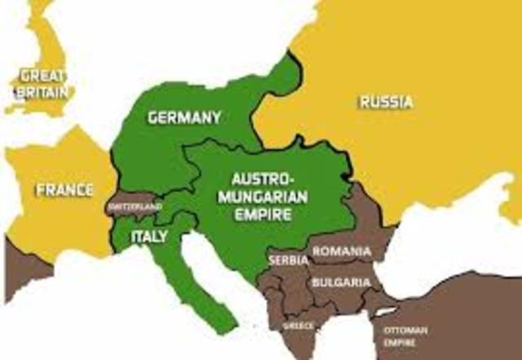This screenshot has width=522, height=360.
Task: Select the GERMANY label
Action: click(184, 118)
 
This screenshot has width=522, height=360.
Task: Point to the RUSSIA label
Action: click(385, 102)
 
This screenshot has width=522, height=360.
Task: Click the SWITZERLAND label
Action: click(135, 207)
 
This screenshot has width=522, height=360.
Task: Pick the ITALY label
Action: click(148, 237)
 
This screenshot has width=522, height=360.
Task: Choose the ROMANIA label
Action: click(343, 251)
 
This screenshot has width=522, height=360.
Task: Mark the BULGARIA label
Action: click(341, 282)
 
